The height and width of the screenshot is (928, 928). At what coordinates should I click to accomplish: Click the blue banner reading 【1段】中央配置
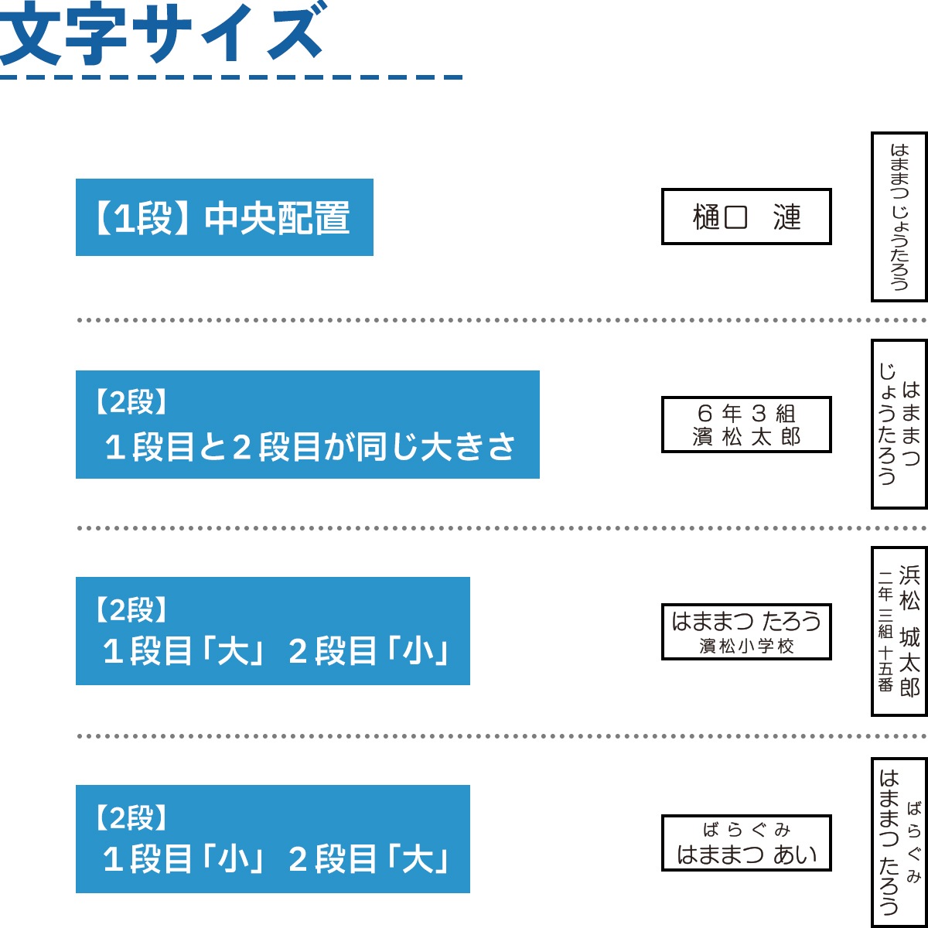(x=224, y=217)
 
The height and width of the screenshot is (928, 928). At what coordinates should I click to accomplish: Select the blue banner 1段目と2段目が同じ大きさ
(x=307, y=425)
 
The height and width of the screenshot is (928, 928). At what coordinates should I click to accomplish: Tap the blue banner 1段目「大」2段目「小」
(x=272, y=631)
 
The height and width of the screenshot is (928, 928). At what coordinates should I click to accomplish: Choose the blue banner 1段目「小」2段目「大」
(x=272, y=839)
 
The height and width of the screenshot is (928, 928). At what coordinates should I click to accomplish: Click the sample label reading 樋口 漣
(x=746, y=217)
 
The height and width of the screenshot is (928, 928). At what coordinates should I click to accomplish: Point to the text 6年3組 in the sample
(x=746, y=413)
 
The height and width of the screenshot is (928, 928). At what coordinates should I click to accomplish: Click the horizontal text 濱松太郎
(x=746, y=437)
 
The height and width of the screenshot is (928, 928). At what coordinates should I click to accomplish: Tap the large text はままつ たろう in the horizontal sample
(x=746, y=621)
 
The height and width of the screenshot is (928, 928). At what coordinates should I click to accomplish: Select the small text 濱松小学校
(x=746, y=647)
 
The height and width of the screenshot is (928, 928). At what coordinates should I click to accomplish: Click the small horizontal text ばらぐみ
(x=746, y=829)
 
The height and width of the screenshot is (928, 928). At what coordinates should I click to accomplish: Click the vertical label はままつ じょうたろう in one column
(x=899, y=217)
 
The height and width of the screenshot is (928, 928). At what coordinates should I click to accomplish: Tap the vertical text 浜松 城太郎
(x=909, y=631)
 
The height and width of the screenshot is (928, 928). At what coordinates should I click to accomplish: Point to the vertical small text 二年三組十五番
(x=885, y=631)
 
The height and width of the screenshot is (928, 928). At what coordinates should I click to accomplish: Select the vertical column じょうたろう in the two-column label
(x=887, y=425)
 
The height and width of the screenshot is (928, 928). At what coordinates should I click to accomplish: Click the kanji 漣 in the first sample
(x=787, y=217)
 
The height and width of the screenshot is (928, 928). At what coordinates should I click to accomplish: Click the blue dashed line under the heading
(x=231, y=77)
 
